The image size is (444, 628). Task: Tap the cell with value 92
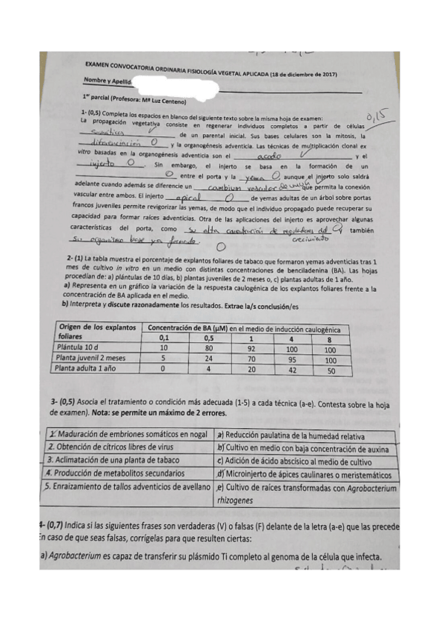[251, 347]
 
